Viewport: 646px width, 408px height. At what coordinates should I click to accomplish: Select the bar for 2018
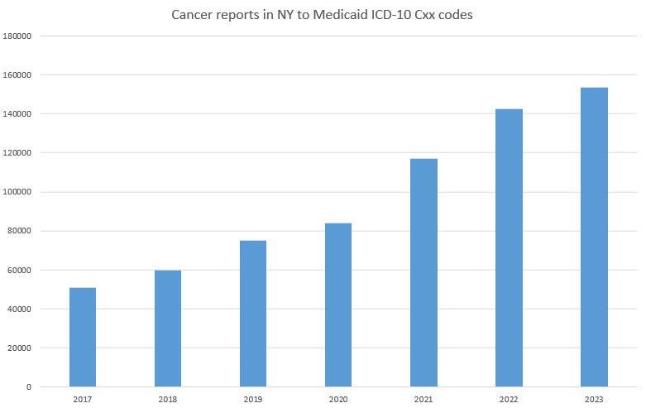(x=168, y=329)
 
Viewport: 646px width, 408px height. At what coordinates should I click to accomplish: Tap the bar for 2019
(x=253, y=314)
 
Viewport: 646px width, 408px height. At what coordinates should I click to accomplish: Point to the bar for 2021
(x=423, y=272)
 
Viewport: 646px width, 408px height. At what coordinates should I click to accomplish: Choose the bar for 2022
(x=509, y=247)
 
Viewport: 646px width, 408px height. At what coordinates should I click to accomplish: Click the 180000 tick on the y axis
(x=17, y=36)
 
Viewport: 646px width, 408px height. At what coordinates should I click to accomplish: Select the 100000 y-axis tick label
(x=17, y=192)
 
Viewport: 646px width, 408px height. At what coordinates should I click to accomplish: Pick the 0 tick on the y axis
(x=29, y=386)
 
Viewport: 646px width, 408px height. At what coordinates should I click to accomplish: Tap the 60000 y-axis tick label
(x=20, y=270)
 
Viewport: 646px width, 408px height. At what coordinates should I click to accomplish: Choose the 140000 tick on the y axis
(x=17, y=114)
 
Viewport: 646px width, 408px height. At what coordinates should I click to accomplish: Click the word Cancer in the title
(x=189, y=15)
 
